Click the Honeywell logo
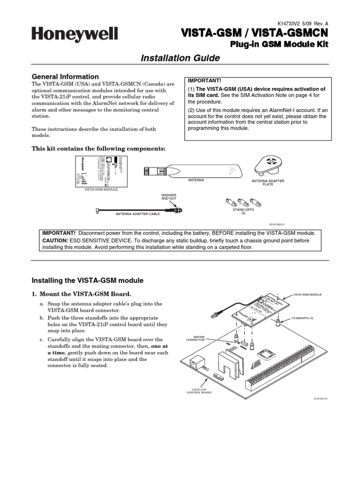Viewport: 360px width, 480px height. coord(75,34)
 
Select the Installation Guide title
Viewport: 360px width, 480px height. coord(180,58)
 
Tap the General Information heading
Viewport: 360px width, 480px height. coord(65,76)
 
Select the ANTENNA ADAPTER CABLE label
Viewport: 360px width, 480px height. coord(138,213)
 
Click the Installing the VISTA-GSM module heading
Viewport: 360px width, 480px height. coord(87,280)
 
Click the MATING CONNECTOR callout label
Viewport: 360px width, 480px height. coord(196,338)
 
